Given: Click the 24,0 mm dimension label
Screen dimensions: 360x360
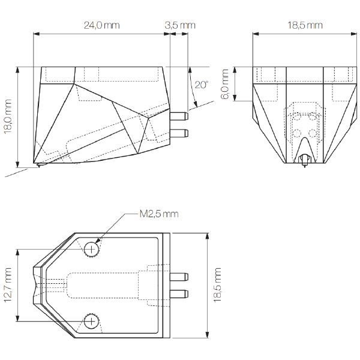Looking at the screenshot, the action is click(102, 25).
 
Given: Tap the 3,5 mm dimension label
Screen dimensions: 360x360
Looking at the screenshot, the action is click(180, 25).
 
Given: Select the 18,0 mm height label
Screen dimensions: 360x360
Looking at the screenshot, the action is click(8, 116).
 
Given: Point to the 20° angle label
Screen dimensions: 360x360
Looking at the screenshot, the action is click(202, 85).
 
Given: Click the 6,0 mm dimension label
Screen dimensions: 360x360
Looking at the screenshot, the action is click(224, 84).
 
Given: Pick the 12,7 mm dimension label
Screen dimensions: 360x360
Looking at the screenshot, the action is click(8, 284).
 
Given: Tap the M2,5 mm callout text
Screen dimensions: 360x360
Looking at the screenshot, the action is click(159, 214).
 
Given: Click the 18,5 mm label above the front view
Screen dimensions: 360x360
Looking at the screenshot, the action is click(305, 25).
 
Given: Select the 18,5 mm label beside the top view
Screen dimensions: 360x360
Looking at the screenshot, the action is click(217, 285).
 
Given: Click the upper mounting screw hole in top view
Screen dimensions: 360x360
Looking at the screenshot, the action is click(91, 249).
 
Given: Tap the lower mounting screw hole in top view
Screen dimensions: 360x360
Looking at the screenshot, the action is click(91, 322).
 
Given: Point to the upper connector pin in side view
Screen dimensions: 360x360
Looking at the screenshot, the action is click(179, 116).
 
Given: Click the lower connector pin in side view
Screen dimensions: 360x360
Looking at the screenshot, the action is click(179, 133).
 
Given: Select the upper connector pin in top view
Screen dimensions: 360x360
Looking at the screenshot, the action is click(179, 277).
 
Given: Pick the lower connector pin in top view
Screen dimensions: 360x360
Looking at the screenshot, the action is click(179, 294).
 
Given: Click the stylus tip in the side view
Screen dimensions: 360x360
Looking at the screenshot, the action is click(39, 166).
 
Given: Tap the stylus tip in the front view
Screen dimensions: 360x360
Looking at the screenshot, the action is click(305, 166).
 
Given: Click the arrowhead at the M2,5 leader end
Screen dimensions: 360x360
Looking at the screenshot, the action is click(97, 241).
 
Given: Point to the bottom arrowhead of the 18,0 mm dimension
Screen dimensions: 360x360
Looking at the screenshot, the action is click(17, 164).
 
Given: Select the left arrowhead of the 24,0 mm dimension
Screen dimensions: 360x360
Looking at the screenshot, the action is click(37, 34).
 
